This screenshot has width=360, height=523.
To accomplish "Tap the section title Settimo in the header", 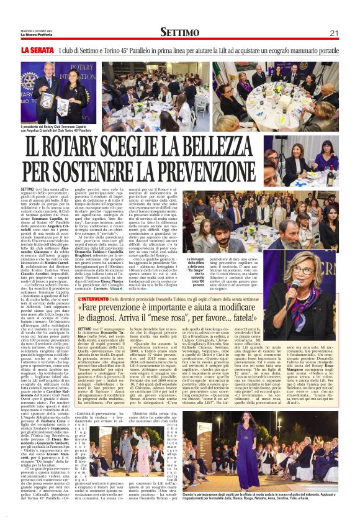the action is (179, 32).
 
